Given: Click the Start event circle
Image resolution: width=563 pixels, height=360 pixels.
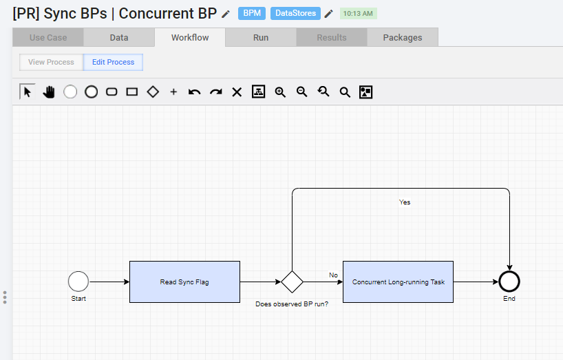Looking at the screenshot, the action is [x=78, y=282].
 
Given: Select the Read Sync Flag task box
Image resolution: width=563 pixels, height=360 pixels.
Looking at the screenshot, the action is [x=184, y=282].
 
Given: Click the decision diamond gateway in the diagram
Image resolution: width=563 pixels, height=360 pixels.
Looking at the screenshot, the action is [x=292, y=282].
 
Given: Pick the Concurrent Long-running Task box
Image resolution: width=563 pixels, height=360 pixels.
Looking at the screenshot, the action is [x=398, y=282].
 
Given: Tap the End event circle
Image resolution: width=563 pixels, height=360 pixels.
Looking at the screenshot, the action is [x=509, y=282].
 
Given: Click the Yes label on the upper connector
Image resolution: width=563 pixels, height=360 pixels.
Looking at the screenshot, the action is [x=405, y=202].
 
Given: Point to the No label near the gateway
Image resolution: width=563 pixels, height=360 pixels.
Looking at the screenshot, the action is [x=333, y=275].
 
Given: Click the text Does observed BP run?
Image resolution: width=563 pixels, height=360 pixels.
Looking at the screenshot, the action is [x=292, y=304].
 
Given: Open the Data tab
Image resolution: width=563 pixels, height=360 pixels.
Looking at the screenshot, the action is [x=119, y=37].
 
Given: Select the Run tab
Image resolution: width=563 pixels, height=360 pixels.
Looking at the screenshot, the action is [x=261, y=37].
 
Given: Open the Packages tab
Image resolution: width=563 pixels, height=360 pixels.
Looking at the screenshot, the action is [x=403, y=37].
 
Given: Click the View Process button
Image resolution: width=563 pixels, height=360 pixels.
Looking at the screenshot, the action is [x=51, y=62].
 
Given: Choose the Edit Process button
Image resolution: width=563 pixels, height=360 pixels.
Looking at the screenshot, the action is [x=113, y=62].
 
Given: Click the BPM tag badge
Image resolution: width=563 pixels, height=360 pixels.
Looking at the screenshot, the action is [x=252, y=13].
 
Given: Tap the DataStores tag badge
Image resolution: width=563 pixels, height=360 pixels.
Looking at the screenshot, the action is [x=295, y=13].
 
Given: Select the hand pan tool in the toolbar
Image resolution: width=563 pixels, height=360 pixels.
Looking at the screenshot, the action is [x=49, y=92].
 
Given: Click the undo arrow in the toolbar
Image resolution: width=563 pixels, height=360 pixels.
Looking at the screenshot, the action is [x=194, y=92].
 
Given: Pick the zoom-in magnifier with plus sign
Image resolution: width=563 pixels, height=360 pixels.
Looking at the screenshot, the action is [x=280, y=92].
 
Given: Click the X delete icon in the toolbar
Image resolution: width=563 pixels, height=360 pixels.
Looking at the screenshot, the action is [x=237, y=92].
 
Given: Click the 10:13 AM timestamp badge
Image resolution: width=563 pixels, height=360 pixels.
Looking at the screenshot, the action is [x=358, y=14].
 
